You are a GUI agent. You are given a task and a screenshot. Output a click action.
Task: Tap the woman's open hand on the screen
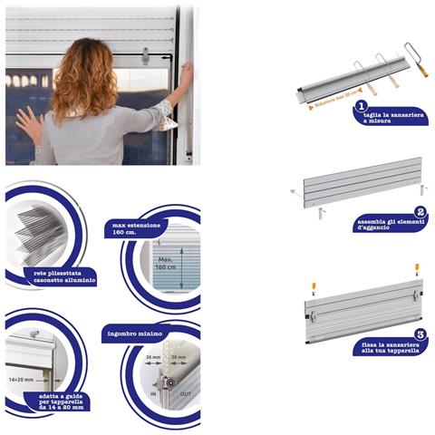point(28,123)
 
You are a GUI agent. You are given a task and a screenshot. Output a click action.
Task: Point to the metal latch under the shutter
point(145,57)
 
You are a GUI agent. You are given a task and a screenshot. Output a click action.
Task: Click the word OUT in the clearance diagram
point(187,396)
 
